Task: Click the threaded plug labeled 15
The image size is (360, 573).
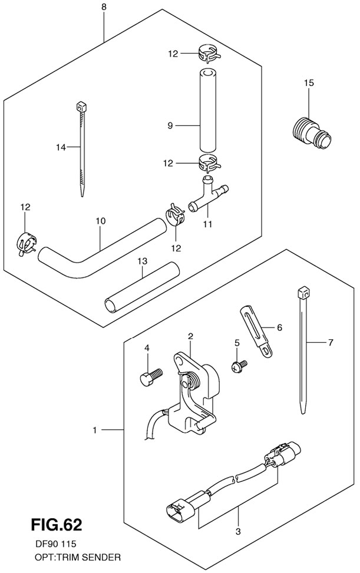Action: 312,133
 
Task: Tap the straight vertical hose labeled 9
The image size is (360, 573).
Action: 207,110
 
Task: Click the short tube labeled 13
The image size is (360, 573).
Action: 143,286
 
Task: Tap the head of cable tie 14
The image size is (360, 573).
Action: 81,107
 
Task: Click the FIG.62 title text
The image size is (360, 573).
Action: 57,525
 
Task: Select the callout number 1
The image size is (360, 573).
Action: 95,430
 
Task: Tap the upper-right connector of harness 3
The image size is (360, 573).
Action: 283,453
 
